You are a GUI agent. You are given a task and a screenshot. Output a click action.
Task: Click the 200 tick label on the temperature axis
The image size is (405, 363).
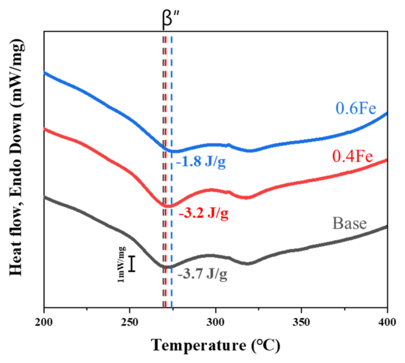[x=44, y=323]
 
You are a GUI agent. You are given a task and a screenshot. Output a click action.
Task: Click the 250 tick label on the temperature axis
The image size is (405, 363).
[x=130, y=323]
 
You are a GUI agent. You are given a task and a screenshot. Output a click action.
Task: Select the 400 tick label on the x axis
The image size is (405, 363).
[x=387, y=323]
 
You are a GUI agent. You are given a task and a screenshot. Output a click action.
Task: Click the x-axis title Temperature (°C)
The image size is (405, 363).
[x=216, y=345]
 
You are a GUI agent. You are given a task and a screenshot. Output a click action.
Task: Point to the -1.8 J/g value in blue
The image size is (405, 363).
[x=201, y=163]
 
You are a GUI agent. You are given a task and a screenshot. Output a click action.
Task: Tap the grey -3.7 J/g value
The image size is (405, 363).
[x=202, y=275]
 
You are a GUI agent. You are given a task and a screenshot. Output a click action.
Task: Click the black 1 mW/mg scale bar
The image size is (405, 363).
[x=132, y=263]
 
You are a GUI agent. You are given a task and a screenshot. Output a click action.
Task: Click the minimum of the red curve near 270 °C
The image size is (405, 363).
[x=168, y=205]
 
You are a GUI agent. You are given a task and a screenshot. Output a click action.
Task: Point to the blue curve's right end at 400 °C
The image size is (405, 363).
[x=387, y=113]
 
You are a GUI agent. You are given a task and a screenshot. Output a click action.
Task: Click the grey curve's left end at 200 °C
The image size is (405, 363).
[x=44, y=196]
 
